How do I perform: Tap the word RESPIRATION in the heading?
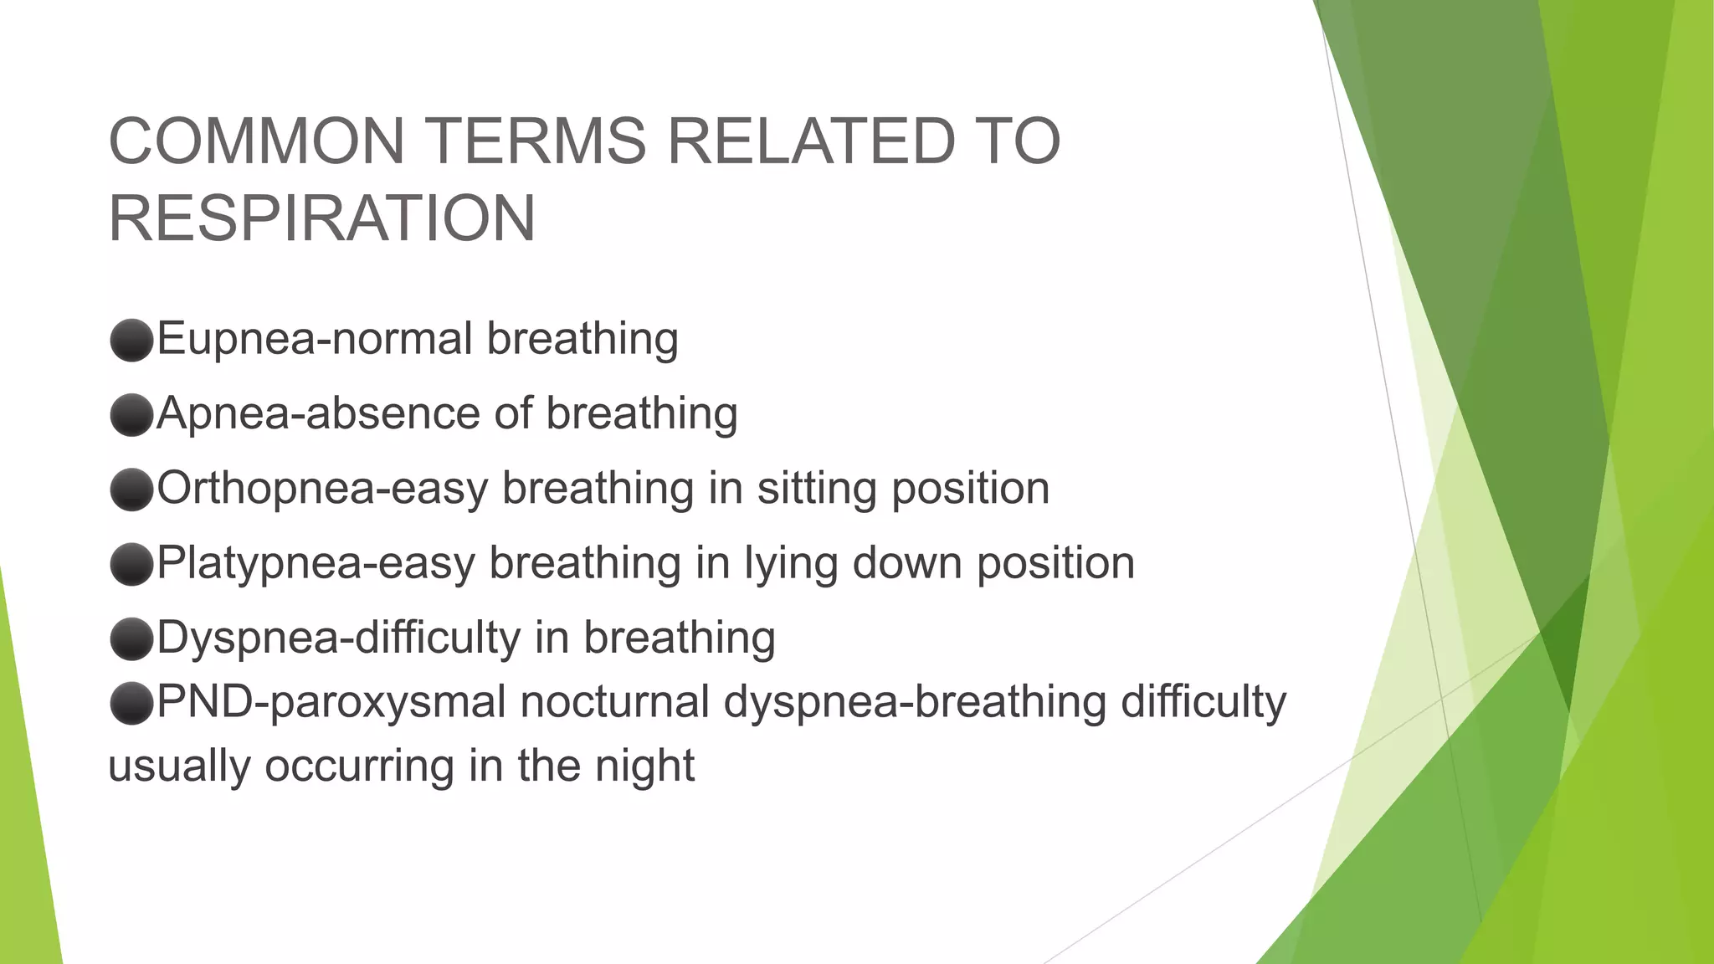pos(321,218)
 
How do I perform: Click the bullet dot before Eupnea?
pos(131,340)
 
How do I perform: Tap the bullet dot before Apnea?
pos(131,414)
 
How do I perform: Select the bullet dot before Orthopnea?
pos(131,489)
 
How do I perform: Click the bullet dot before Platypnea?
pos(131,563)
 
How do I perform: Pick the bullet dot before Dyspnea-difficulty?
pos(131,638)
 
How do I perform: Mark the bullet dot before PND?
pos(131,702)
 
